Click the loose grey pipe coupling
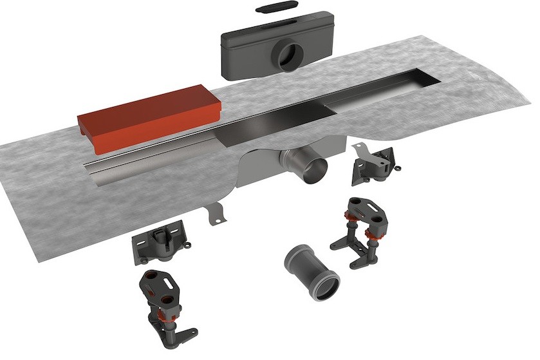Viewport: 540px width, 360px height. (x=312, y=270)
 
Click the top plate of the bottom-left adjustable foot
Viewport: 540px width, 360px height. (x=158, y=285)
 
